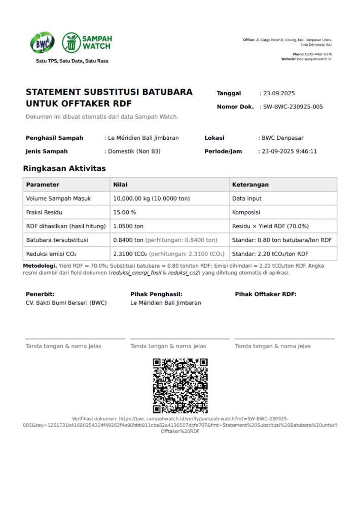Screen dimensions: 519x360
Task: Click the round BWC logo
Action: tap(42, 43)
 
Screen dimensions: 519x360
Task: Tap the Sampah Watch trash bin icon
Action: tap(71, 43)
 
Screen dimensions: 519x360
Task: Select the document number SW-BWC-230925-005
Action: tap(293, 107)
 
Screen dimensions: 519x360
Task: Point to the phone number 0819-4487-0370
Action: tap(319, 54)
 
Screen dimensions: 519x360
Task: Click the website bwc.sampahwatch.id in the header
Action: tap(314, 59)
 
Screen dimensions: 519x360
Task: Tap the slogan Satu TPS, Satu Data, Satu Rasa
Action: tap(72, 61)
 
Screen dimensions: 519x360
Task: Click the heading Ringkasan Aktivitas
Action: tap(64, 168)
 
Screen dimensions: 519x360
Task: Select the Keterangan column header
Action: tap(250, 184)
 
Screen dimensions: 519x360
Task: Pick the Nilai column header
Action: tap(121, 184)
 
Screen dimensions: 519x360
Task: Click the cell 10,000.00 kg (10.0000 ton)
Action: tap(152, 199)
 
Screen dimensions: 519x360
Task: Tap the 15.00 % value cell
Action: tap(125, 212)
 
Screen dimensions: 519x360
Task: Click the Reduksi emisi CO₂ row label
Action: tap(51, 253)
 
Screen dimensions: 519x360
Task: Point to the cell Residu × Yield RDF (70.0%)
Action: tap(270, 226)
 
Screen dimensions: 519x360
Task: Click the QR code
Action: tap(180, 386)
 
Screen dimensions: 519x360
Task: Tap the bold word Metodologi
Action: tap(40, 266)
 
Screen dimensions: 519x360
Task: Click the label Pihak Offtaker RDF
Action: tap(265, 294)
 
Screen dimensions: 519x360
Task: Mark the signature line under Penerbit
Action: tap(75, 339)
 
